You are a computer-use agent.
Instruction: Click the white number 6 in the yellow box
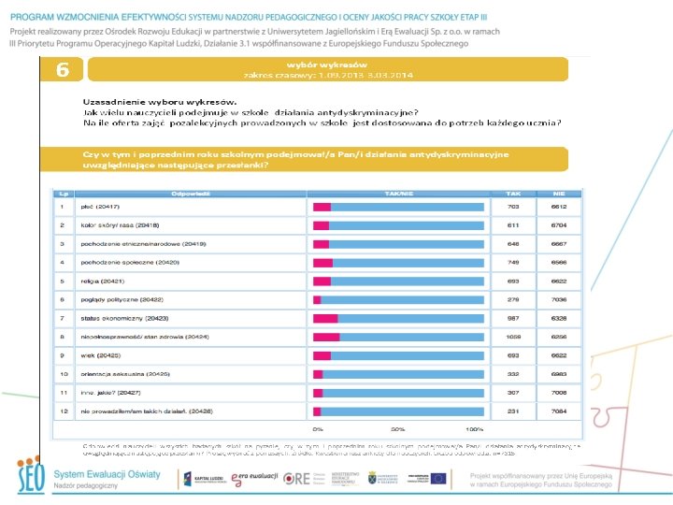point(62,70)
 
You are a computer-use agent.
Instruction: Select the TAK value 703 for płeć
point(539,207)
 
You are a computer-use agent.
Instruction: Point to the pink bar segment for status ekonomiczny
point(326,318)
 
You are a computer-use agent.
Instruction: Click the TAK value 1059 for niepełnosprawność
point(539,336)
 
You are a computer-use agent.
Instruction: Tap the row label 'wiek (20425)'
point(101,354)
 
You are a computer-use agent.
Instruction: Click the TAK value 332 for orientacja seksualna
point(539,373)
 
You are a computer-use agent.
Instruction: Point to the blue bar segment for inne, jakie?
point(403,392)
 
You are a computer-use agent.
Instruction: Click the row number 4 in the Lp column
point(62,263)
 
